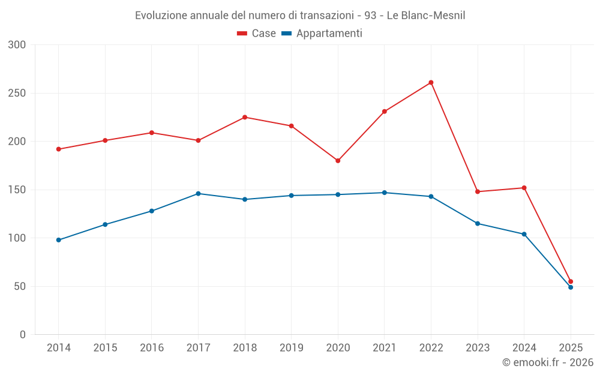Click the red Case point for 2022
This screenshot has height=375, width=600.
tap(431, 83)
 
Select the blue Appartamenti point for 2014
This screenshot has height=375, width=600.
tap(59, 240)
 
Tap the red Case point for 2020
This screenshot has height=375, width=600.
tap(338, 161)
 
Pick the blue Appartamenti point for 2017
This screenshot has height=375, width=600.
tap(198, 194)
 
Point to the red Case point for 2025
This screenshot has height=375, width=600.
tap(571, 281)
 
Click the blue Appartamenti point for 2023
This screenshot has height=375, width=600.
tap(478, 223)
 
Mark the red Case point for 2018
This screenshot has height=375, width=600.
tap(245, 118)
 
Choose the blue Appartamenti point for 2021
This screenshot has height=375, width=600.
tap(385, 193)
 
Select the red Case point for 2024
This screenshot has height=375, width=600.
tap(524, 188)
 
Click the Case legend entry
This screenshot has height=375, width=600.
tap(257, 34)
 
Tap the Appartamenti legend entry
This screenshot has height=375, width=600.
tap(322, 34)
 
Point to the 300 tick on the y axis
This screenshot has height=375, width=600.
tap(17, 45)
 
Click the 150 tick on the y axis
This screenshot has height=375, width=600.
tap(17, 190)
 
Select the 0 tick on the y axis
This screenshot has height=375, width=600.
tap(23, 335)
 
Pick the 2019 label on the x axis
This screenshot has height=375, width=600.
tap(291, 348)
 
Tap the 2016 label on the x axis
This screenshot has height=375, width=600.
tap(151, 348)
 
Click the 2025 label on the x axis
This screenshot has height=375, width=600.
tap(571, 348)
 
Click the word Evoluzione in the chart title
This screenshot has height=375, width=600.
tap(161, 16)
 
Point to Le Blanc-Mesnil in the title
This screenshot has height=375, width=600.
tap(426, 16)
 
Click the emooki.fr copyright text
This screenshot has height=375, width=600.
tap(547, 362)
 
